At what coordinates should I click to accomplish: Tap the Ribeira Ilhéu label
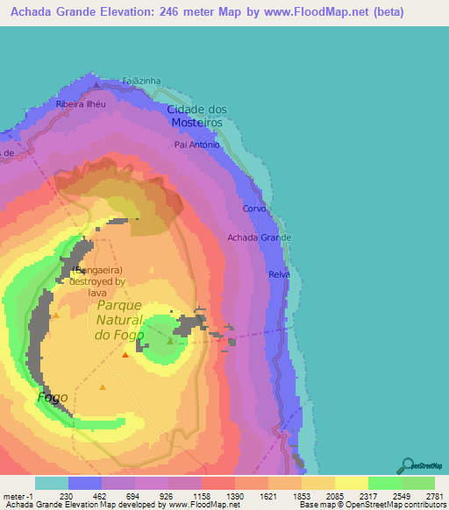click(80, 103)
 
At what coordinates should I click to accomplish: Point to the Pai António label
click(196, 145)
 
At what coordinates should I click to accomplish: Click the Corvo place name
click(254, 209)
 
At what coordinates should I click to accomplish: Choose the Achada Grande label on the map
click(259, 237)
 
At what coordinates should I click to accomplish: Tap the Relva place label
click(279, 274)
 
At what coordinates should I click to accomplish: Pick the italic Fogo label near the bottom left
click(53, 397)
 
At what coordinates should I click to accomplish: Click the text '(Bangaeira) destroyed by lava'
click(98, 281)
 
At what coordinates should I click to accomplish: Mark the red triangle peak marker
click(125, 355)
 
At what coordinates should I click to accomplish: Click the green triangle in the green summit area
click(170, 341)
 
